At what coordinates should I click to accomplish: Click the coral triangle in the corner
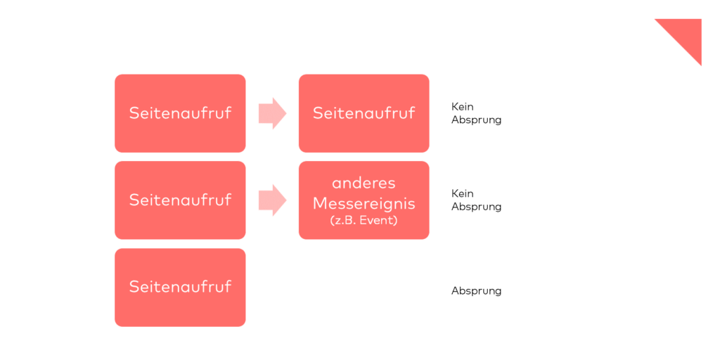[x=686, y=34]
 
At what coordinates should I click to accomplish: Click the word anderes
[x=364, y=184]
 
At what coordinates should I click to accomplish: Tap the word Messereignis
[x=364, y=203]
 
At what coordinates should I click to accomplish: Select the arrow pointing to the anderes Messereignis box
[x=273, y=200]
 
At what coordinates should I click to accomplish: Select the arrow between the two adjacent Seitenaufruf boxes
[x=273, y=113]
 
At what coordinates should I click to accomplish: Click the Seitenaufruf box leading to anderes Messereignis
[x=180, y=200]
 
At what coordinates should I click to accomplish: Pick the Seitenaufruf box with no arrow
[x=180, y=288]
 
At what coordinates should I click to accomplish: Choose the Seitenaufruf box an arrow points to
[x=364, y=113]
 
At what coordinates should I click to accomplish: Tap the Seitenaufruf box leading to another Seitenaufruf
[x=180, y=113]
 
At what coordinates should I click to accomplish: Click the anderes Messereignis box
[x=364, y=200]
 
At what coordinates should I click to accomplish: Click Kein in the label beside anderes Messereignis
[x=463, y=193]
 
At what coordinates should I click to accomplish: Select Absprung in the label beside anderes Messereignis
[x=476, y=207]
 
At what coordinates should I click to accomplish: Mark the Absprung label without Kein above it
[x=476, y=291]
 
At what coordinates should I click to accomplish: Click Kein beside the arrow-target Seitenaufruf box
[x=463, y=107]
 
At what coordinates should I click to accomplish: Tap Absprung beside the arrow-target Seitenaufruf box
[x=476, y=120]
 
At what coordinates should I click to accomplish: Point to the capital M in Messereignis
[x=320, y=203]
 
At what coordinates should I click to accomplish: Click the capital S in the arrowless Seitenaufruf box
[x=134, y=286]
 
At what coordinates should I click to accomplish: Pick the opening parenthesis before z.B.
[x=332, y=220]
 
